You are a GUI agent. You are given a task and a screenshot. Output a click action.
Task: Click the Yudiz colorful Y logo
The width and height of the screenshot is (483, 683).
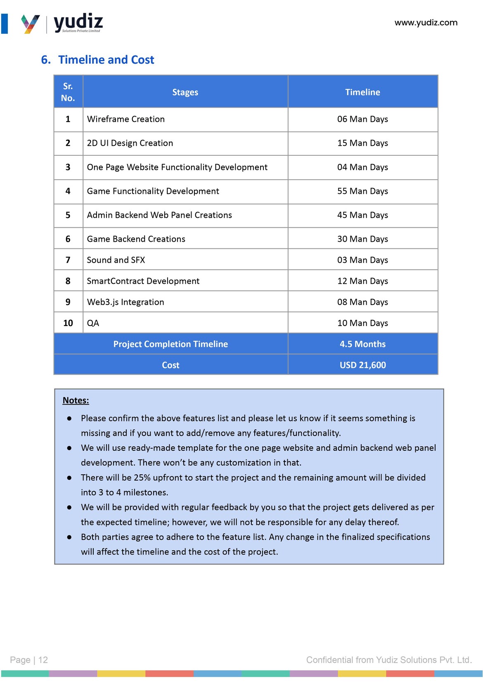click(30, 24)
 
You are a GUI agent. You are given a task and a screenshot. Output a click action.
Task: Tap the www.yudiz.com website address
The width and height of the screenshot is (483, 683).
click(426, 23)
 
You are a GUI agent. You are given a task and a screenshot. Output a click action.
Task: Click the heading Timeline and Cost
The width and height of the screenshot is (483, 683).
click(106, 60)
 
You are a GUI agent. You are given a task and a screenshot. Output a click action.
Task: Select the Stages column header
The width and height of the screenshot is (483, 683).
click(185, 92)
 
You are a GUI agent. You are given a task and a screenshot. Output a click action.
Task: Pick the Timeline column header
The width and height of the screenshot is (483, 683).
click(362, 92)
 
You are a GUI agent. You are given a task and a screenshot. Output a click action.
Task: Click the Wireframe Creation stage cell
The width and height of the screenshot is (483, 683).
click(125, 119)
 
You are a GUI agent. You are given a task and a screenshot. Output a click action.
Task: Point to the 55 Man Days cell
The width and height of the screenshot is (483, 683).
click(362, 191)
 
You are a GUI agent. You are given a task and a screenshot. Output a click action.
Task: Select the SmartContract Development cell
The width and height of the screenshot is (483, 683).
click(143, 281)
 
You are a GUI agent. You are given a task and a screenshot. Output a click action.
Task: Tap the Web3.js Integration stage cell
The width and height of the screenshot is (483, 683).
click(125, 302)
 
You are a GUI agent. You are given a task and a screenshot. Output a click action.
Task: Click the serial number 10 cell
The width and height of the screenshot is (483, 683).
click(68, 323)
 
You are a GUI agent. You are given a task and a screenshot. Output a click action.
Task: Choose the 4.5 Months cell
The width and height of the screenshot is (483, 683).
click(362, 344)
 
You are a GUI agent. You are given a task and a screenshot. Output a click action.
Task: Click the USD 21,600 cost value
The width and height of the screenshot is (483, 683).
click(362, 365)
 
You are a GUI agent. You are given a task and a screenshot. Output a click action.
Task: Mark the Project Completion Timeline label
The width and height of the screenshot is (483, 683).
click(170, 344)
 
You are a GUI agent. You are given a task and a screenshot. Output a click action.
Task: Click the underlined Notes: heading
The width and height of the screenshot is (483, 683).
click(76, 400)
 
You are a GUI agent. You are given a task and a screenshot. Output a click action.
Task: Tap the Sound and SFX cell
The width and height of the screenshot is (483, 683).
click(116, 260)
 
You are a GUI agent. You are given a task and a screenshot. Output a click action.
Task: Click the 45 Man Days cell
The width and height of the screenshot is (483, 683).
click(362, 215)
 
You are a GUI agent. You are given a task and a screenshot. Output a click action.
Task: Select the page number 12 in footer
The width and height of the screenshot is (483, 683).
click(43, 660)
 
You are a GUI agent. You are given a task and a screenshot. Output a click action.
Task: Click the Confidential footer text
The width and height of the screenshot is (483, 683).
click(388, 660)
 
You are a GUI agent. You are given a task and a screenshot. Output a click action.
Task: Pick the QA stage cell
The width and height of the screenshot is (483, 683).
click(93, 324)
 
